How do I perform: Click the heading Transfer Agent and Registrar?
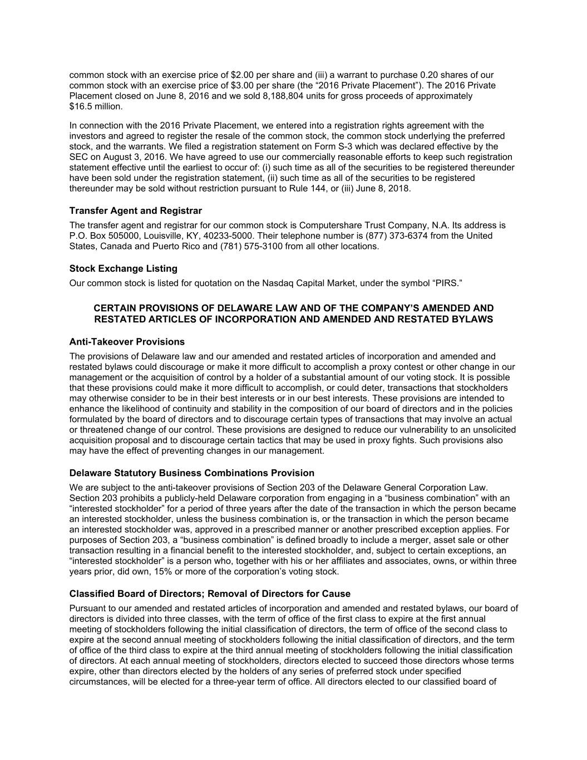pyautogui.click(x=135, y=210)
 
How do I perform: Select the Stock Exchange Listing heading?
pyautogui.click(x=123, y=268)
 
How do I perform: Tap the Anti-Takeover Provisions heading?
pyautogui.click(x=127, y=341)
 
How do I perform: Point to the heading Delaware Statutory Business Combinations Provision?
pyautogui.click(x=191, y=473)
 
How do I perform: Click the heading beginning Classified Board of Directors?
pyautogui.click(x=210, y=594)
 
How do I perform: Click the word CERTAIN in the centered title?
pyautogui.click(x=115, y=308)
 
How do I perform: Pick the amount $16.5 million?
pyautogui.click(x=96, y=106)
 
